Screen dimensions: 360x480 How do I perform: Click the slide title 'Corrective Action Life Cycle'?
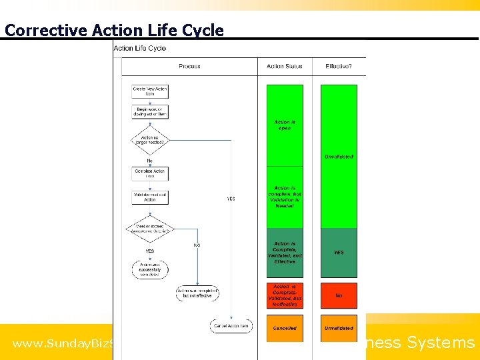[x=114, y=30]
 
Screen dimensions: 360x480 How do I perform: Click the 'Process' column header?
[x=189, y=66]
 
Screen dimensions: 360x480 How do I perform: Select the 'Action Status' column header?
[x=285, y=66]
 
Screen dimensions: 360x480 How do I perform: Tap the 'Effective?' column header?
[x=339, y=66]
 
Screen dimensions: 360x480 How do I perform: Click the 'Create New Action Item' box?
[x=150, y=91]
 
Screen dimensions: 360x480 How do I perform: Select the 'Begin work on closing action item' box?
[x=150, y=111]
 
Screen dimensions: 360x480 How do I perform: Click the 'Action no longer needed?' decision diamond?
[x=150, y=140]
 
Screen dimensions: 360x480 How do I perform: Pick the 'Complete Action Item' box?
[x=150, y=173]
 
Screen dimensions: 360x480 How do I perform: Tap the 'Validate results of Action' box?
[x=150, y=197]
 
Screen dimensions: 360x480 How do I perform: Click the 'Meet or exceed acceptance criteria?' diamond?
[x=150, y=229]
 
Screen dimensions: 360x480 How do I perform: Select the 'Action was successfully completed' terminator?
[x=150, y=269]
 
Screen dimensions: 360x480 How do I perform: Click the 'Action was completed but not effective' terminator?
[x=197, y=293]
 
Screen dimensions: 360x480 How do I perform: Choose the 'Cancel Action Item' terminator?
[x=231, y=325]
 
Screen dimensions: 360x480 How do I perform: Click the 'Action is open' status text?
[x=285, y=125]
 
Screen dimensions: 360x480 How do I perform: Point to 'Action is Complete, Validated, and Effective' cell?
[x=285, y=253]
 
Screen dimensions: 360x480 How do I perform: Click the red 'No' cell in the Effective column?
[x=339, y=295]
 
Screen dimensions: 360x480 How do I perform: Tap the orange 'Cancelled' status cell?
[x=285, y=328]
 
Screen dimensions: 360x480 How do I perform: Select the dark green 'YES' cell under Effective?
[x=339, y=253]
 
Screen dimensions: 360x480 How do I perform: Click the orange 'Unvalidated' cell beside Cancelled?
[x=339, y=328]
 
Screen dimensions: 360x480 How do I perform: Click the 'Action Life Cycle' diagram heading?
[x=140, y=48]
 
